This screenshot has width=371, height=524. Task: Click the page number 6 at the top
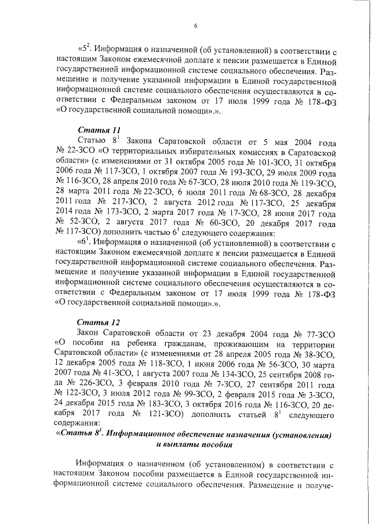click(x=195, y=25)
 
